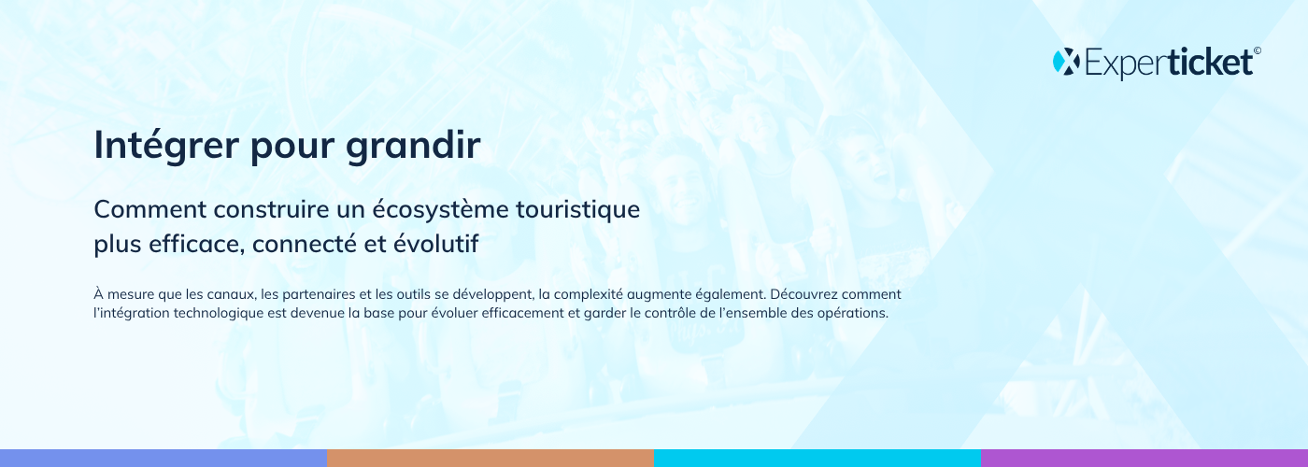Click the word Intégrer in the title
(x=166, y=146)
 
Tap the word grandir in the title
(x=413, y=146)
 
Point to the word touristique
(x=578, y=210)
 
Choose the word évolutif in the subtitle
(x=435, y=244)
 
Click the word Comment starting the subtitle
(x=150, y=209)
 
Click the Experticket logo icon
(x=1066, y=62)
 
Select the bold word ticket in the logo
(x=1211, y=62)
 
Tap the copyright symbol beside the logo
(x=1258, y=50)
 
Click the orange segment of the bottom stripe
(x=490, y=459)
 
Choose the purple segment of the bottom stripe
(x=1144, y=459)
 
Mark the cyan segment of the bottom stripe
(x=817, y=459)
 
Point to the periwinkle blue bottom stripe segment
(x=163, y=459)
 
